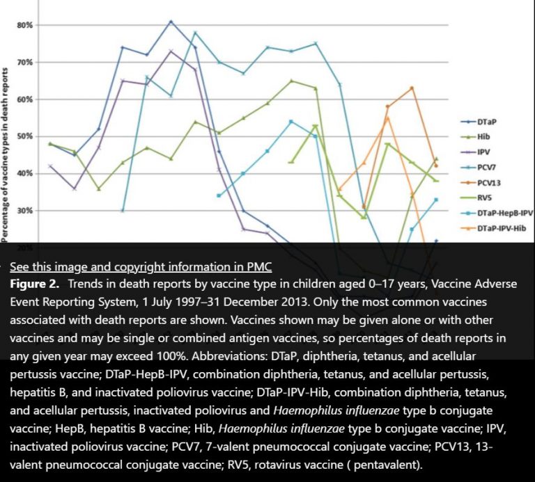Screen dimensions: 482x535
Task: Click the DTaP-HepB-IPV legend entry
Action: pos(500,213)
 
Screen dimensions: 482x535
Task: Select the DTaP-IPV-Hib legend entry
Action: pos(497,228)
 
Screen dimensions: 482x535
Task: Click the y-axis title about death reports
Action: pos(6,153)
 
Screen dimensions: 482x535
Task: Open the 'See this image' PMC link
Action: pos(140,266)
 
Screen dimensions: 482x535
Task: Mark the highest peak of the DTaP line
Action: pos(171,22)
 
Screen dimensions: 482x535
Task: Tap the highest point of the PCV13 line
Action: pos(412,88)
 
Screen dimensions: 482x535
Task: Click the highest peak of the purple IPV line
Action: pos(171,51)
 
